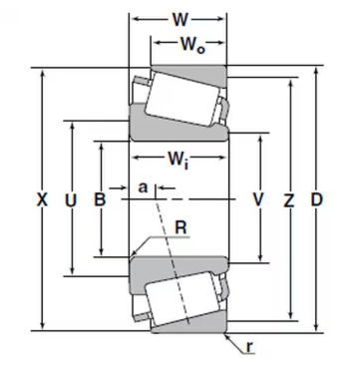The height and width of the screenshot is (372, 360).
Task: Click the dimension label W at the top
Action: (x=180, y=17)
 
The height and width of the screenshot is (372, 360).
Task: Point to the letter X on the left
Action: (x=42, y=199)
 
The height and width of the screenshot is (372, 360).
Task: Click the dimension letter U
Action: (x=70, y=199)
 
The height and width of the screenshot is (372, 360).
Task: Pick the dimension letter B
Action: (x=100, y=199)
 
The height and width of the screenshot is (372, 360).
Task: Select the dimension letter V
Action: (x=258, y=199)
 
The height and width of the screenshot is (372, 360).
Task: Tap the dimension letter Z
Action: (x=289, y=199)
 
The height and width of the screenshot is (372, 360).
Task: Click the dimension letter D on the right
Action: (x=316, y=199)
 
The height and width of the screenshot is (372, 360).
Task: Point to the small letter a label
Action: (x=143, y=186)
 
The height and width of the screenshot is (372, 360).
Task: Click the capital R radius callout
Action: (x=180, y=227)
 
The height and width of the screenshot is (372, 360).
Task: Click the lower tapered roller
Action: (x=179, y=298)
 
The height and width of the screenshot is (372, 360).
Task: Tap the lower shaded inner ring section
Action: (x=180, y=266)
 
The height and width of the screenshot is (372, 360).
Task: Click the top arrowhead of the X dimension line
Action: (x=42, y=72)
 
